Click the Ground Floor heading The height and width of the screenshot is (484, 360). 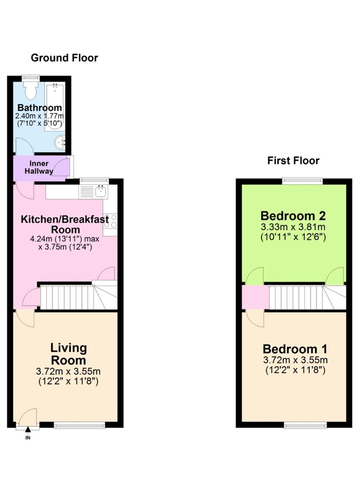[x=65, y=58]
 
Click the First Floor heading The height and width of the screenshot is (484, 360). [x=293, y=161]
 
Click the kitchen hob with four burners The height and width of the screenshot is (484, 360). [x=110, y=222]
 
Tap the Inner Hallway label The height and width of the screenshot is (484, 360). [x=40, y=167]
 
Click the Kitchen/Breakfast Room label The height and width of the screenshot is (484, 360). [x=65, y=225]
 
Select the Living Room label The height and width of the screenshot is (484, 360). [x=68, y=354]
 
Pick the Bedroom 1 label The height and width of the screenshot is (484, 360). [x=295, y=349]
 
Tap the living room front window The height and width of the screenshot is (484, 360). [x=80, y=426]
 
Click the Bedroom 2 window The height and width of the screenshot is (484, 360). [x=302, y=179]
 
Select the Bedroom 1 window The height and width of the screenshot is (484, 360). [x=305, y=426]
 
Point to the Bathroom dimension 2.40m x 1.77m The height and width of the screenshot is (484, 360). [x=38, y=116]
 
